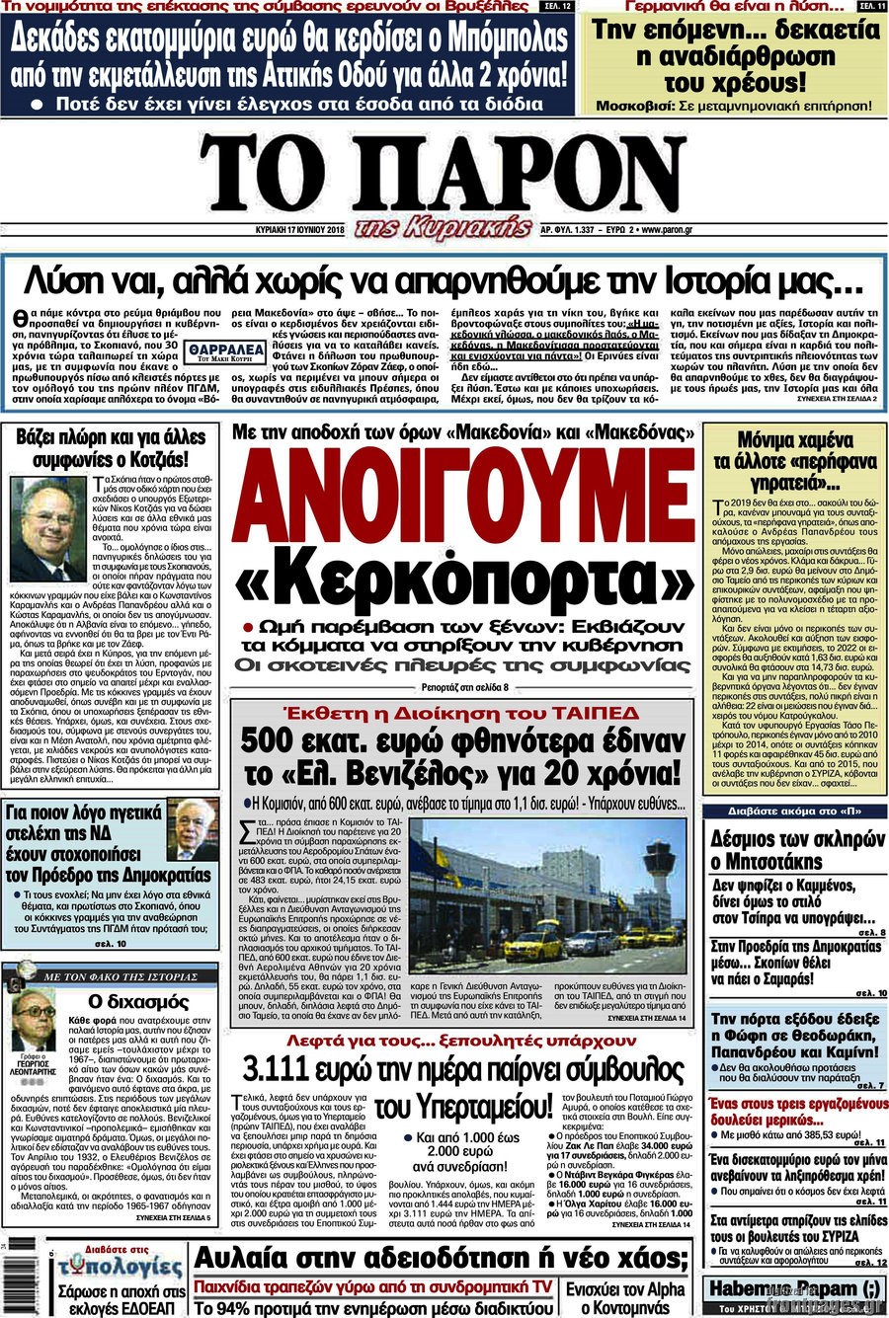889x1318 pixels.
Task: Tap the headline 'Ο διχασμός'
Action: click(124, 1001)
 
